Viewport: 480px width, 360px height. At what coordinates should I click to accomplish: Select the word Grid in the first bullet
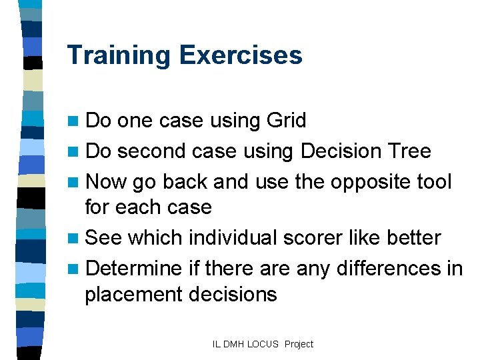click(x=286, y=121)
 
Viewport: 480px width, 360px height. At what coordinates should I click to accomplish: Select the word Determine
click(x=134, y=269)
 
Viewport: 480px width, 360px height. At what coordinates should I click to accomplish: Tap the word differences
click(x=377, y=269)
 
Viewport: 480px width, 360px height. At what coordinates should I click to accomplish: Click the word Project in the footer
click(x=299, y=344)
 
